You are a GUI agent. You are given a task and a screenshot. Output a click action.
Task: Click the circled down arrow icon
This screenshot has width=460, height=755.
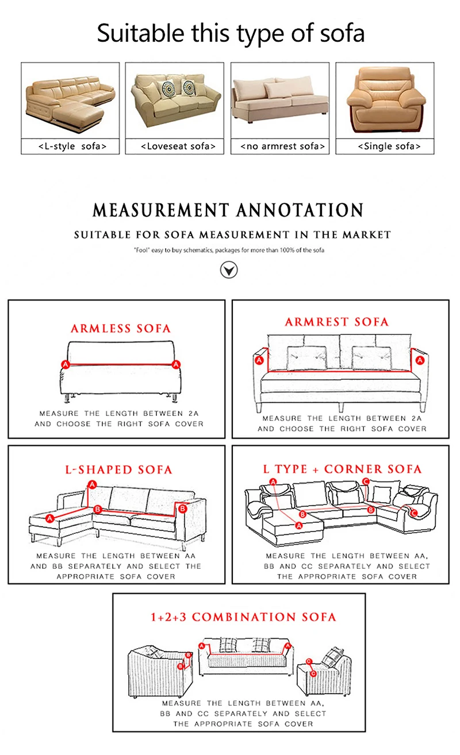229,269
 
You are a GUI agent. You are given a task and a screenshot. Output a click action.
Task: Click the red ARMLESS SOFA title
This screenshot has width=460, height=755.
121,329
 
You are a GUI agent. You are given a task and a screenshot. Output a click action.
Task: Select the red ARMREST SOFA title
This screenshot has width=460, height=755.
337,322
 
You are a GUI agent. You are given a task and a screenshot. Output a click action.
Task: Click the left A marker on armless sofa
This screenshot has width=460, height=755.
66,364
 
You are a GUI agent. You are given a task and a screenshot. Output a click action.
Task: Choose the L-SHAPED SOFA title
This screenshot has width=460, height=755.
118,470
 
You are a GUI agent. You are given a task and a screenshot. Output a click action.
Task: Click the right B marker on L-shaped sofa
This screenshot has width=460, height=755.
182,509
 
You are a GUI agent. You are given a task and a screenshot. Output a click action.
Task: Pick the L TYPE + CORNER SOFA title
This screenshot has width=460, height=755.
342,469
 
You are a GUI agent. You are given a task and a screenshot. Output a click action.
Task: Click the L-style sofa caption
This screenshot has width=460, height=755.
72,147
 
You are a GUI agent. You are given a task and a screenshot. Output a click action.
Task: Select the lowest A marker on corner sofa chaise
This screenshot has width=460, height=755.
298,525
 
